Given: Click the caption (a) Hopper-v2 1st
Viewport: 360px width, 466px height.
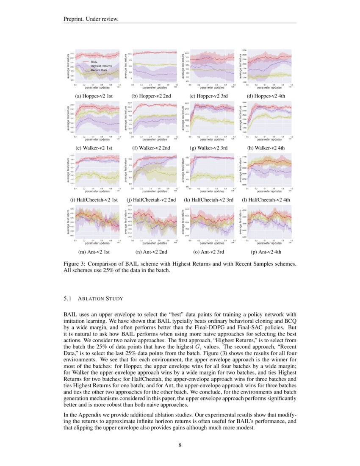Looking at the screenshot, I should pyautogui.click(x=94, y=96).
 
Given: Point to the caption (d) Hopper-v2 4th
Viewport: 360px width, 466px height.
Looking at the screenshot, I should pyautogui.click(x=266, y=96).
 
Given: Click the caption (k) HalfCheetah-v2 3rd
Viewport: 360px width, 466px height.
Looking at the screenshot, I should pyautogui.click(x=208, y=200).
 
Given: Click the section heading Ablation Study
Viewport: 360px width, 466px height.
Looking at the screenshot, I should pyautogui.click(x=100, y=299).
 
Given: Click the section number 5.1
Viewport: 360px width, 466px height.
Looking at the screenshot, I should pyautogui.click(x=68, y=299).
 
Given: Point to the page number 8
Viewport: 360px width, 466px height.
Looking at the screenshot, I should pyautogui.click(x=180, y=445).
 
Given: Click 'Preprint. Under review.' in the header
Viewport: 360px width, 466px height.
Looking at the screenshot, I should pyautogui.click(x=90, y=19).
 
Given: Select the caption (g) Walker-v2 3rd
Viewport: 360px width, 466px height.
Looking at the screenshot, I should pyautogui.click(x=208, y=148).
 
